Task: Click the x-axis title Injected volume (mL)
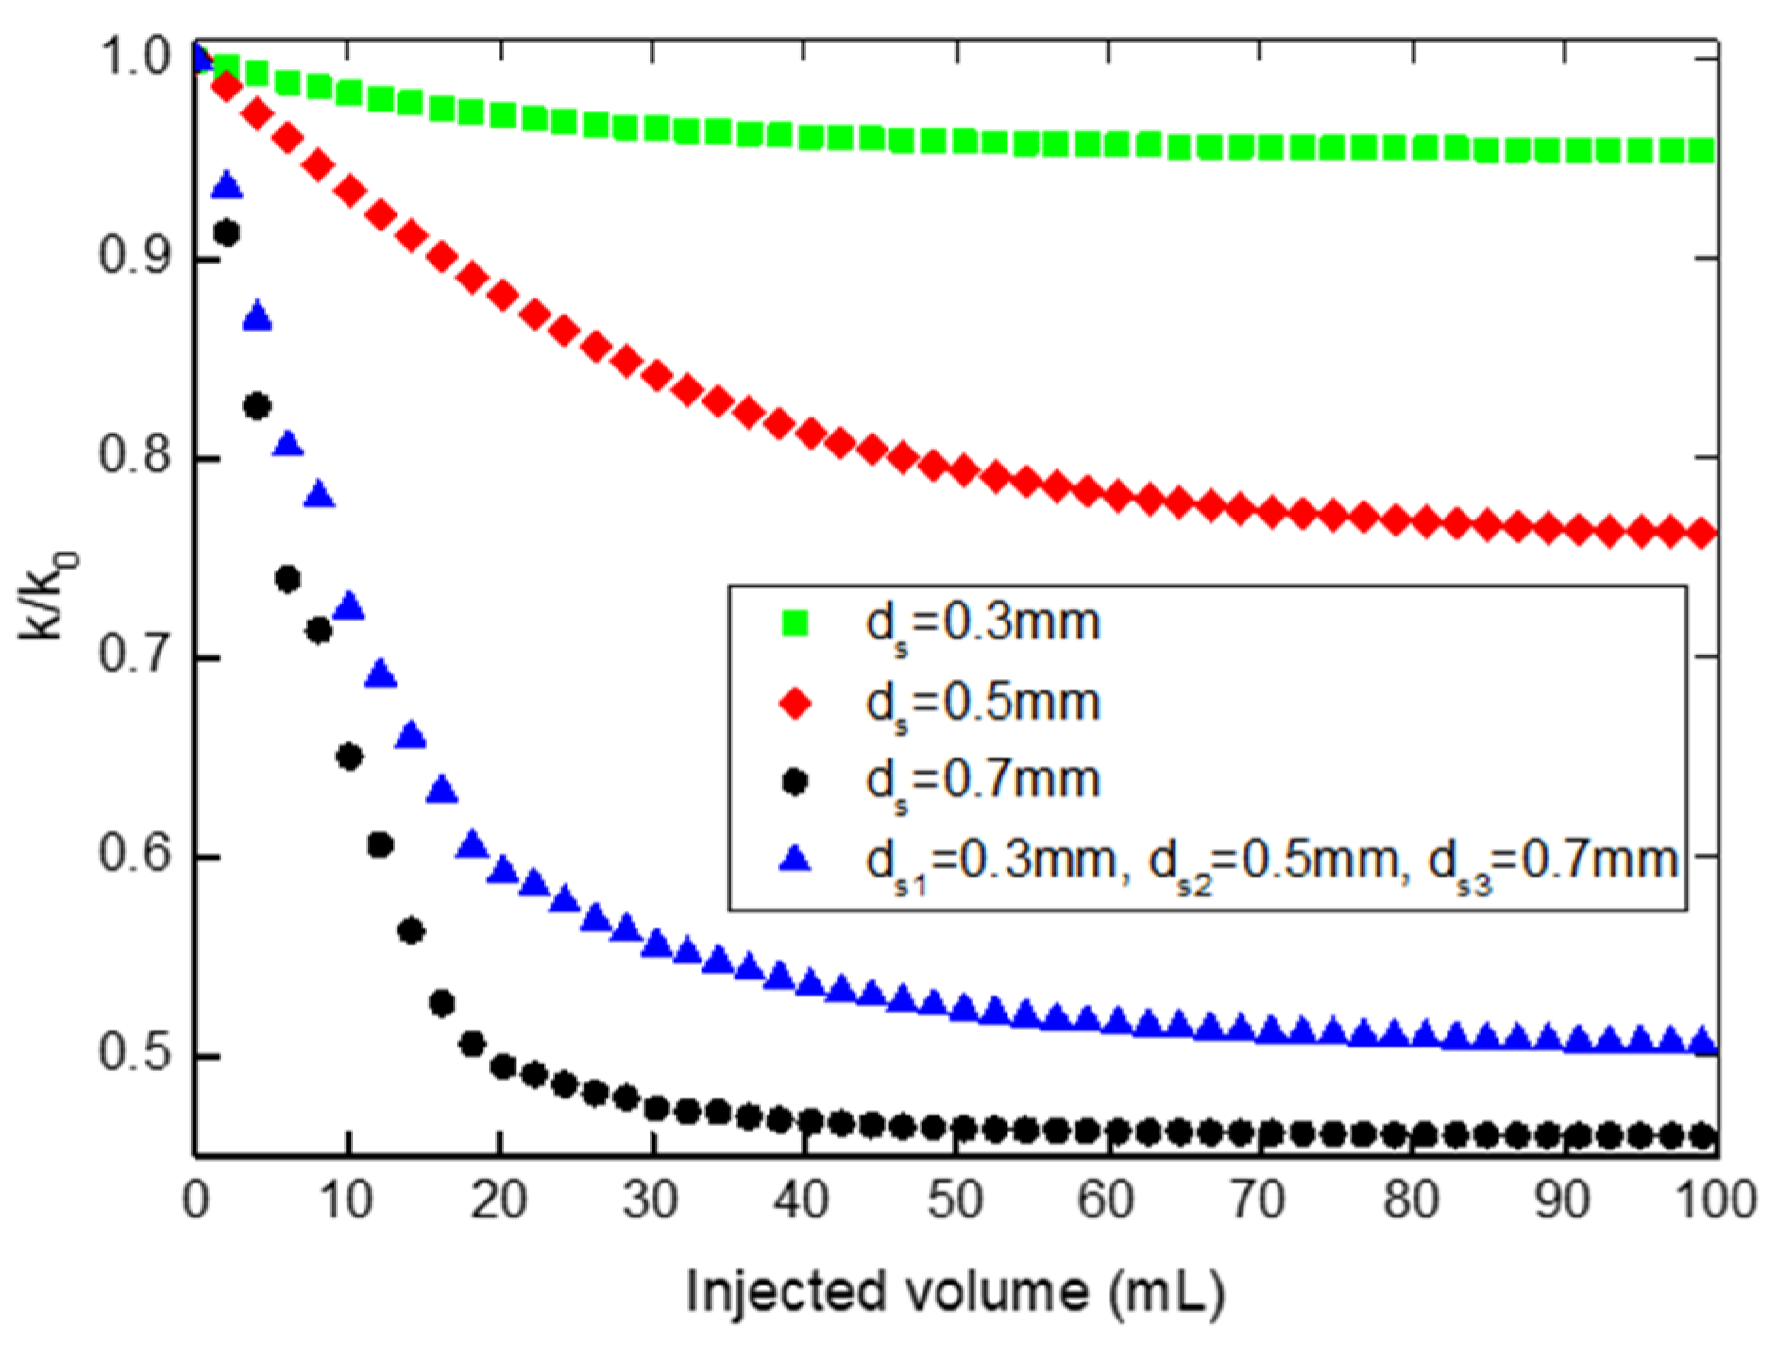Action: tap(954, 1291)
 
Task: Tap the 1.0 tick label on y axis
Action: tap(132, 59)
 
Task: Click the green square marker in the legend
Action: tap(796, 623)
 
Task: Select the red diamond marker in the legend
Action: tap(796, 704)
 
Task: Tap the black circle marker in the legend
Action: tap(796, 782)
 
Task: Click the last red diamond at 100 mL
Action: tap(1701, 534)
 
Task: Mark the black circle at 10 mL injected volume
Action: tap(349, 757)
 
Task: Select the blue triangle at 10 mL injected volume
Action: tap(349, 606)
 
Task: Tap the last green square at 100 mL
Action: tap(1701, 150)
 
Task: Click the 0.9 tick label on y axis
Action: tap(132, 257)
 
